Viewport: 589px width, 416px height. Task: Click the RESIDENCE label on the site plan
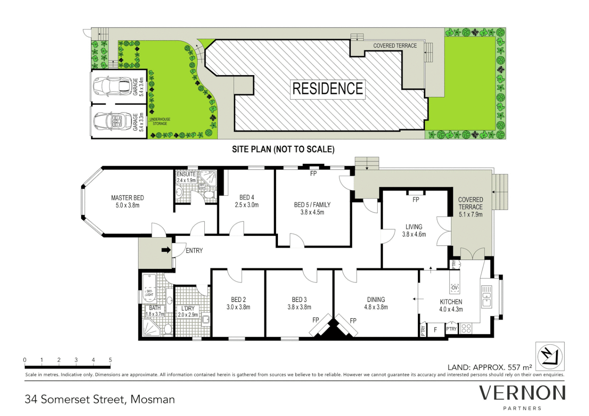tap(327, 89)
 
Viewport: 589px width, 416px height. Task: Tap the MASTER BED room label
tap(128, 201)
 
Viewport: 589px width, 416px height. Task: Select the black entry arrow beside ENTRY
tap(166, 250)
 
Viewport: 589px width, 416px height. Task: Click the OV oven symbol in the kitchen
tap(454, 288)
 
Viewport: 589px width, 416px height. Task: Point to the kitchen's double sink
tap(486, 296)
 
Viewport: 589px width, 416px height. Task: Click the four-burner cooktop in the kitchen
tap(466, 329)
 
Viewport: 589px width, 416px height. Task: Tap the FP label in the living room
tap(416, 200)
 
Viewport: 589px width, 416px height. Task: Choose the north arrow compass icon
tap(550, 356)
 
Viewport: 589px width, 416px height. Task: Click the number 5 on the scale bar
tap(110, 360)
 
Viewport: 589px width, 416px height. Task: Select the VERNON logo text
tap(522, 393)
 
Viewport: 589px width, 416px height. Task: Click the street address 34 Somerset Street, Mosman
tap(100, 399)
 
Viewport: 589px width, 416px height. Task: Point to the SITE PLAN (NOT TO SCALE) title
tap(283, 149)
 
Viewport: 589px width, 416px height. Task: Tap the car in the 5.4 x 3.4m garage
tap(112, 86)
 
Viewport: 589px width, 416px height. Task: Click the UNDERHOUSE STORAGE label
tap(160, 121)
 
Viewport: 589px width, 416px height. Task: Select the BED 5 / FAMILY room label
tap(312, 208)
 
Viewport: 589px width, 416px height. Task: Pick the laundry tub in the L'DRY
tap(205, 319)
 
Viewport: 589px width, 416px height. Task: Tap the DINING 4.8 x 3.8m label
tap(376, 303)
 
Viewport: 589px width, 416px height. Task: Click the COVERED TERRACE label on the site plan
tap(395, 45)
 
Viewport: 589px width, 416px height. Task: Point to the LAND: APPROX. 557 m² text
tap(490, 367)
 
